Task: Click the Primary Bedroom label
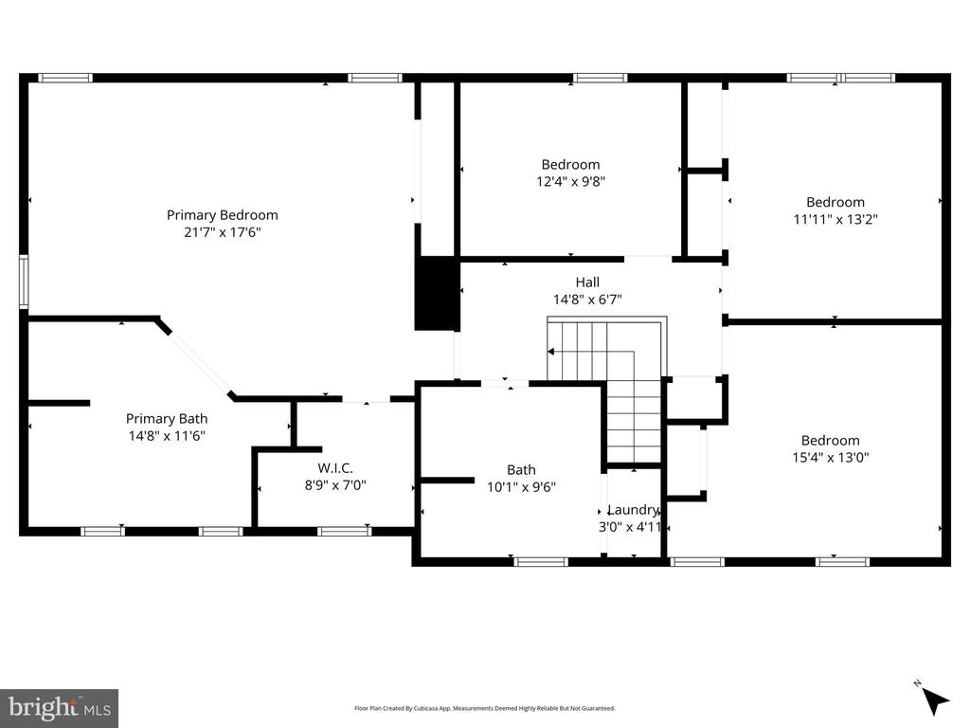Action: pos(222,215)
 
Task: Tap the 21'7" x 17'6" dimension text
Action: pos(222,232)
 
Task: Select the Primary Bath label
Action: pos(167,418)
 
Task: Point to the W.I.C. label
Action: pos(335,468)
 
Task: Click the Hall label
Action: pos(587,282)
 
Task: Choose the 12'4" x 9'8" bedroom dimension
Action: pos(570,181)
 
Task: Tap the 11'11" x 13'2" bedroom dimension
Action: pos(835,219)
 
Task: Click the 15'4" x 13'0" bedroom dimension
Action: pos(830,458)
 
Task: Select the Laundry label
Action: pos(633,509)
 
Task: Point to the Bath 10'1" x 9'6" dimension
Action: pos(521,487)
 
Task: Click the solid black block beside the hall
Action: pos(437,294)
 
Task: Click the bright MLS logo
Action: pos(60,708)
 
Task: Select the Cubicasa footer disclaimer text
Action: pos(484,708)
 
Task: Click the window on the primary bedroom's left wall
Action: pos(24,282)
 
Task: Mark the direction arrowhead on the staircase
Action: pos(550,352)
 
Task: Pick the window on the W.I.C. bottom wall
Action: pos(344,531)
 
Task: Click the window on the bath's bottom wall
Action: pos(541,562)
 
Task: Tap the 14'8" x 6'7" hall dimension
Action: pos(587,300)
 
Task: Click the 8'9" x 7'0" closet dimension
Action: pos(335,485)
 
